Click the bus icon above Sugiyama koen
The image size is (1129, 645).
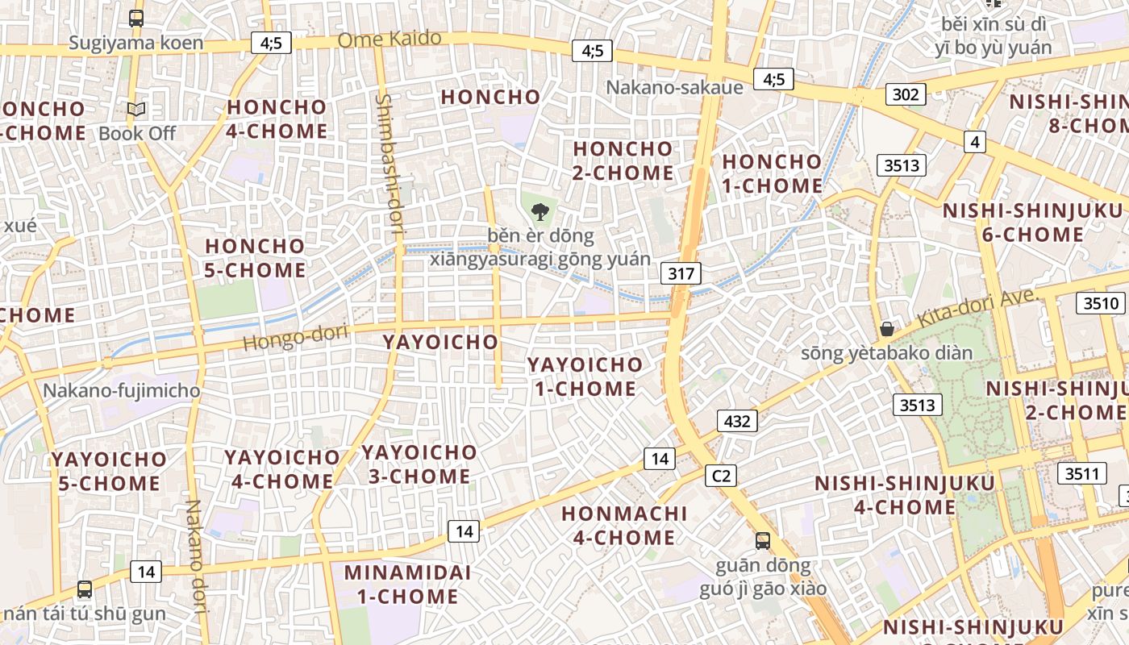(x=136, y=18)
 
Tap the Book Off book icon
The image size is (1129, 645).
(x=136, y=110)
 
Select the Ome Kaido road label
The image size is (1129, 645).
(x=390, y=39)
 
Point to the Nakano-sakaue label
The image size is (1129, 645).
(x=674, y=87)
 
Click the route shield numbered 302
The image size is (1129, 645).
(x=905, y=94)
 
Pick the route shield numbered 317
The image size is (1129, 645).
(x=681, y=273)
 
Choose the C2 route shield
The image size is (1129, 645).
(x=721, y=476)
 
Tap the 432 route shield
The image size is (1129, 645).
(x=737, y=420)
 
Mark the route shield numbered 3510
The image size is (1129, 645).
(x=1101, y=303)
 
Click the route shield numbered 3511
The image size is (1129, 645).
(x=1081, y=473)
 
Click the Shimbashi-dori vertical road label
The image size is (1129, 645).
(x=389, y=164)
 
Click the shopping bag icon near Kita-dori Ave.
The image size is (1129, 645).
(x=886, y=329)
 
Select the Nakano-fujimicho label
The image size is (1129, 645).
(x=121, y=391)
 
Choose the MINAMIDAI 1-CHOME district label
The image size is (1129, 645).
(x=402, y=585)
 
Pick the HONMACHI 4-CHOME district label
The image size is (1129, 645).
(x=624, y=525)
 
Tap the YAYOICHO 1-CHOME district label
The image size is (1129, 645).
(x=585, y=377)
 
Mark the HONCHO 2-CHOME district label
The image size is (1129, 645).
(x=623, y=160)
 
